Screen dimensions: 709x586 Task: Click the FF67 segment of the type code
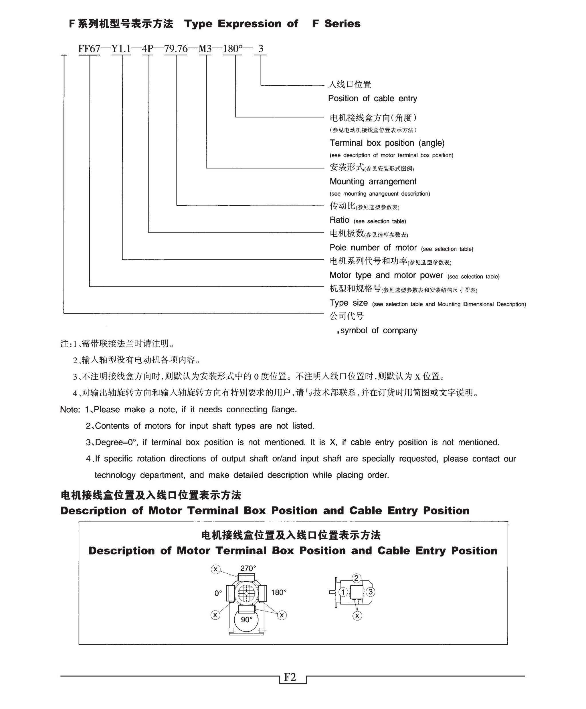[89, 49]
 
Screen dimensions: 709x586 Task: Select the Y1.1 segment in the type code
[121, 49]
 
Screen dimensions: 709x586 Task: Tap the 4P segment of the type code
[148, 49]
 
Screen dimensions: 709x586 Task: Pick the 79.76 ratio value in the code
[176, 49]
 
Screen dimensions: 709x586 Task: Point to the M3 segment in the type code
[205, 49]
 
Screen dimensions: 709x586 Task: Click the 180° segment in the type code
[233, 49]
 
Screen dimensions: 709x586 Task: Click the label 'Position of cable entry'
[372, 98]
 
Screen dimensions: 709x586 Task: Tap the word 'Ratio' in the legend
[339, 220]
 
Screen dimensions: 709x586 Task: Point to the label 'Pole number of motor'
[373, 248]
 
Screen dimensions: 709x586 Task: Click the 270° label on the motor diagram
[248, 568]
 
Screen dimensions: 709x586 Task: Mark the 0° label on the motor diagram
[218, 593]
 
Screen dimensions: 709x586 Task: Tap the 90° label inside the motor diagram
[247, 619]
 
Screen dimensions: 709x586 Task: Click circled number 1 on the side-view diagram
[343, 592]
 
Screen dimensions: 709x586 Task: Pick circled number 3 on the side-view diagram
[370, 592]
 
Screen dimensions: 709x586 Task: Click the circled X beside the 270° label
[216, 569]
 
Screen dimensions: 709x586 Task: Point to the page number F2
[290, 677]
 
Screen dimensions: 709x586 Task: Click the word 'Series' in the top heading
[342, 24]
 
